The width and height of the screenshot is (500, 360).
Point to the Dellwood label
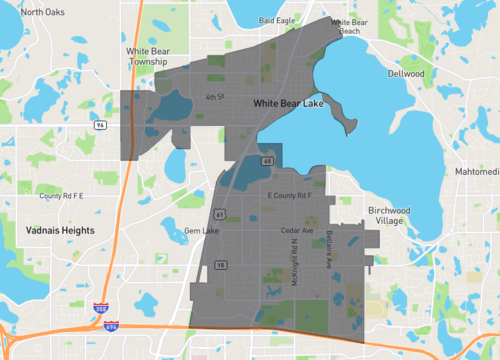[407, 74]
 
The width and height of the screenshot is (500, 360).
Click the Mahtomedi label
[476, 171]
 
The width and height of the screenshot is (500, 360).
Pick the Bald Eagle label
[275, 19]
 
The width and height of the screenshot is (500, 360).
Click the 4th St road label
[211, 97]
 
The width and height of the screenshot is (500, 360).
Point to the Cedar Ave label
[297, 231]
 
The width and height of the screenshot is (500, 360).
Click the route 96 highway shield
[102, 125]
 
